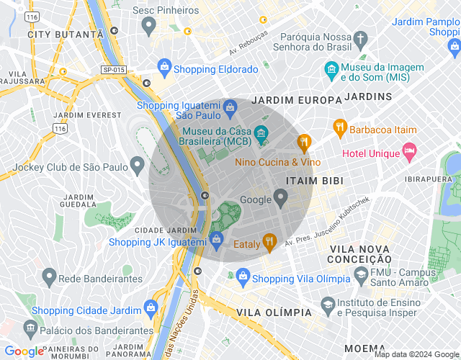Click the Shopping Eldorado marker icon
point(164,68)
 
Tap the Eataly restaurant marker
point(270,243)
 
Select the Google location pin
point(281,197)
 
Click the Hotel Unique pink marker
point(410,151)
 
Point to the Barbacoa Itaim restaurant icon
point(340,127)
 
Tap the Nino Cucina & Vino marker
point(303,142)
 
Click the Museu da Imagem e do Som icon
point(331,69)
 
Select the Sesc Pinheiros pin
point(149,27)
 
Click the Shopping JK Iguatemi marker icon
point(215,238)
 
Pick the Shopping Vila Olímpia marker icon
point(243,277)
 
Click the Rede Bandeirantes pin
point(49,276)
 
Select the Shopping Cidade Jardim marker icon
point(151,307)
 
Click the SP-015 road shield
point(113,69)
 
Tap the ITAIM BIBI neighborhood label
point(314,180)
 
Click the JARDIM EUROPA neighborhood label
point(298,100)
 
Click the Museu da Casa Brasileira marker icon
point(261,133)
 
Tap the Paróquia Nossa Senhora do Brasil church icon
point(359,38)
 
